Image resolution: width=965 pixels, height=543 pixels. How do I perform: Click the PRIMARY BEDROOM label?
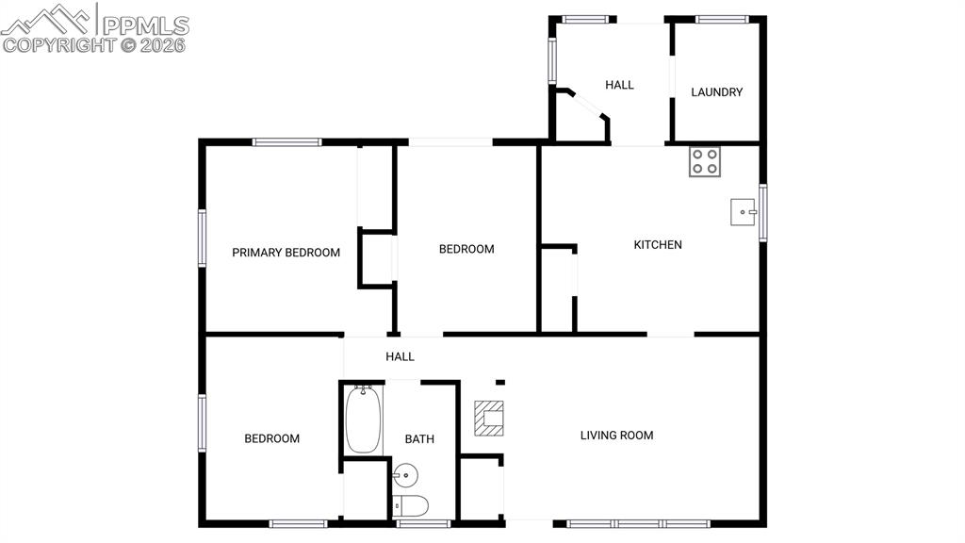[x=286, y=253]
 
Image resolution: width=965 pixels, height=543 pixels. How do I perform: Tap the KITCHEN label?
[x=658, y=245]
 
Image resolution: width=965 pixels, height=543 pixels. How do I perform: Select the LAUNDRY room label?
[x=716, y=92]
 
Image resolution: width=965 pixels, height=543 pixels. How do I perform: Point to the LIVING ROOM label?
[x=616, y=436]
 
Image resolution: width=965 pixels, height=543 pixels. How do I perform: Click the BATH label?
[x=419, y=439]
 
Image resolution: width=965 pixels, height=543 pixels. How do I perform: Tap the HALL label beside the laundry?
[x=619, y=85]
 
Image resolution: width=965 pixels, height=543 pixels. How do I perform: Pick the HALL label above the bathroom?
[x=400, y=356]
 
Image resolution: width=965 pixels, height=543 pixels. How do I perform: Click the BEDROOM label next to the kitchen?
[x=466, y=249]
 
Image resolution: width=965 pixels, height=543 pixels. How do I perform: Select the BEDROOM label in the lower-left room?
[x=272, y=439]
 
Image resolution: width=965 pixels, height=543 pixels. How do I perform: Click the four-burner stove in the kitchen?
[x=705, y=162]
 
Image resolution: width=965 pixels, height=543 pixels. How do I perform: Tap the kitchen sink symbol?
[x=743, y=212]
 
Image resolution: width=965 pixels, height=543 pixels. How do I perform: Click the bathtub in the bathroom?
[x=363, y=420]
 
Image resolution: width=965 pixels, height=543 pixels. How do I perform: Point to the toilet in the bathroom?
[x=411, y=506]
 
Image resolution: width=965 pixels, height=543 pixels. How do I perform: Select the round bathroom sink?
[x=405, y=475]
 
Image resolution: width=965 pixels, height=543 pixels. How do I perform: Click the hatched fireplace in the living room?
[x=489, y=419]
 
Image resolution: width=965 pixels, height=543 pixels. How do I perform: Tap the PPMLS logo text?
[x=145, y=25]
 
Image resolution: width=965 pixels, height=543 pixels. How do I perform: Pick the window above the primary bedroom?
[x=286, y=142]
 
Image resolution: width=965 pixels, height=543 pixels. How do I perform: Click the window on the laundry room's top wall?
[x=722, y=19]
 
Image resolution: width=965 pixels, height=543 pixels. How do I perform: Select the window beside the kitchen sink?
[x=763, y=212]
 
